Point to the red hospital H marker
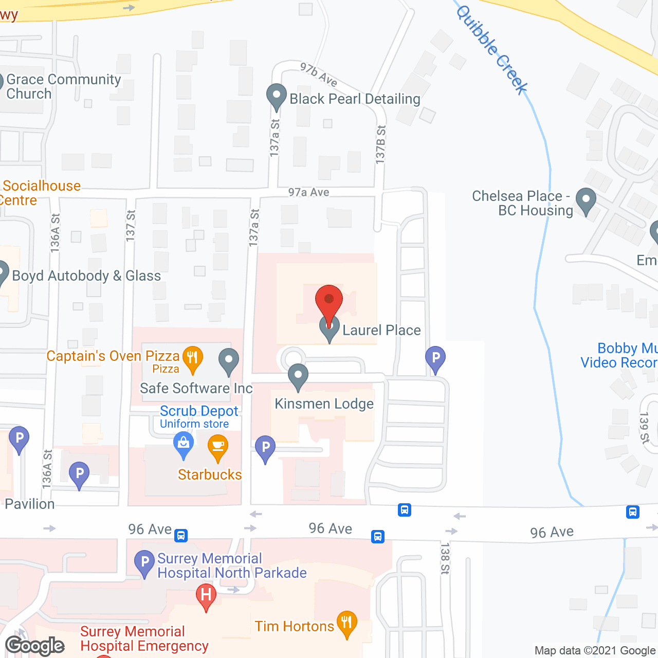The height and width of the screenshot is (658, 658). coord(206,596)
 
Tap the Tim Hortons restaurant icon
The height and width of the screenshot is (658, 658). coord(347,623)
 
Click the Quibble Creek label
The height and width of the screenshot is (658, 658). coord(492,49)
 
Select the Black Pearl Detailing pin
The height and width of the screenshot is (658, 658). coord(277,96)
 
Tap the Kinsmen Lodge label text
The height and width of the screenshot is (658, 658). coord(324,404)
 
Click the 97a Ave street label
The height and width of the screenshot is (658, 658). coord(308,192)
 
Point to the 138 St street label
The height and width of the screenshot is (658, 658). coord(445,558)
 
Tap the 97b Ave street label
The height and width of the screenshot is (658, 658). coord(319,75)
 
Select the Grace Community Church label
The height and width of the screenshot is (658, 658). coord(63,86)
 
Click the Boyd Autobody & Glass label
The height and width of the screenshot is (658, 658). coord(86,276)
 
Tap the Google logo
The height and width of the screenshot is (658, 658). coord(35,646)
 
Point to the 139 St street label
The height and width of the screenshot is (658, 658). coord(645,428)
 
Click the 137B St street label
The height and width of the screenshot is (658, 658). coord(380,144)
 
